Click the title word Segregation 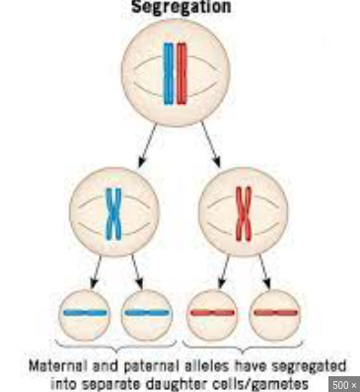click(180, 7)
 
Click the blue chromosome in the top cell click(169, 74)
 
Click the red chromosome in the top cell click(182, 74)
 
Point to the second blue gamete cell click(146, 314)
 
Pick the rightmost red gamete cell click(274, 314)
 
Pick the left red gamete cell click(212, 314)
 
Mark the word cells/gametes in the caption click(262, 382)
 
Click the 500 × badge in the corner click(344, 384)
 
